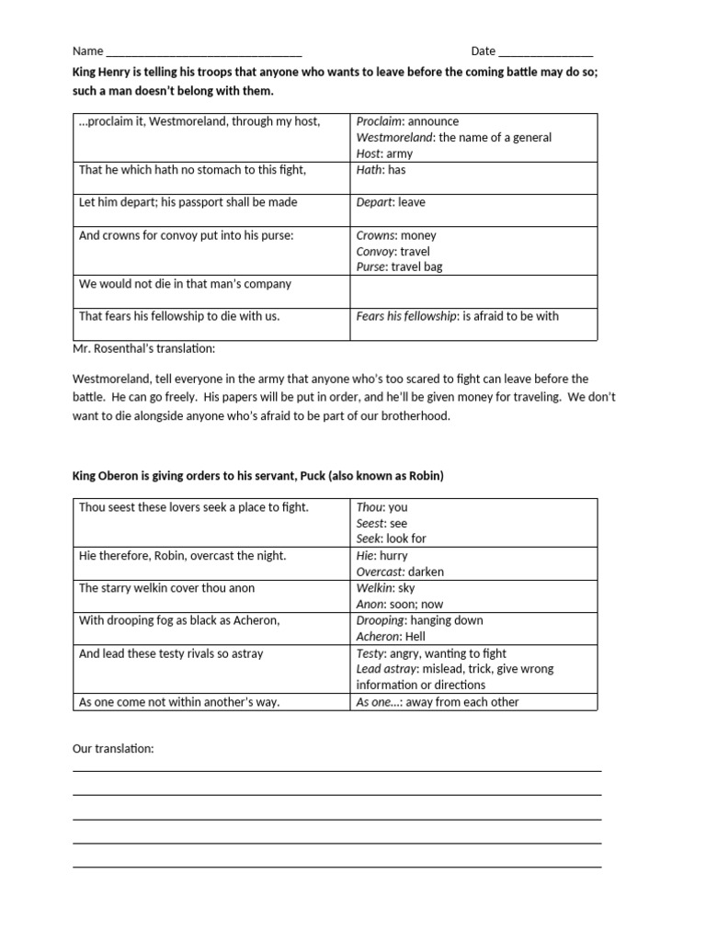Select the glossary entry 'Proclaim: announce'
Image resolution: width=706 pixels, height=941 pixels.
coord(407,121)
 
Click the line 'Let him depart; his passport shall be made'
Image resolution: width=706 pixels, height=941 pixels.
coord(188,202)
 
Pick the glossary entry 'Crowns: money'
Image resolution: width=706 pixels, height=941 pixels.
coord(396,235)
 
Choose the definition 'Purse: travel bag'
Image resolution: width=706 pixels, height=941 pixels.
coord(402,267)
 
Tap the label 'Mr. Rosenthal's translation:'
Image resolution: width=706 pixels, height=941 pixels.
coord(143,349)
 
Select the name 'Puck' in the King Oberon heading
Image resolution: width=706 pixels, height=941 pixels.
coord(313,475)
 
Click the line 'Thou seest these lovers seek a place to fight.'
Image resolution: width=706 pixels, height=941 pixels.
coord(194,507)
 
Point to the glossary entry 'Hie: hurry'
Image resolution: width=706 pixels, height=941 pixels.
coord(381,556)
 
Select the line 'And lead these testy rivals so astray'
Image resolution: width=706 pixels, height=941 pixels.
coord(172,653)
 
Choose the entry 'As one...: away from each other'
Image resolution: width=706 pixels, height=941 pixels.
coord(438,702)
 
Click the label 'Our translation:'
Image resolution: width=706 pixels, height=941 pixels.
coord(113,749)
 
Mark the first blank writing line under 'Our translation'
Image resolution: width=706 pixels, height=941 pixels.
coord(336,770)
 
